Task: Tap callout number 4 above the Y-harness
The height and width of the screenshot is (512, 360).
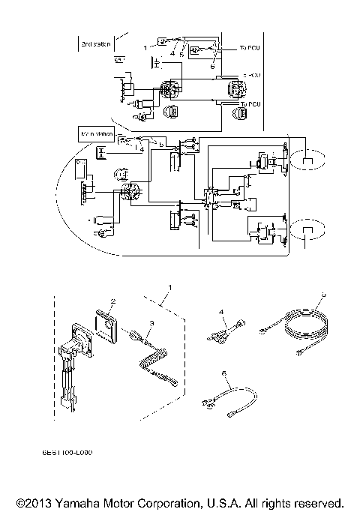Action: (x=220, y=310)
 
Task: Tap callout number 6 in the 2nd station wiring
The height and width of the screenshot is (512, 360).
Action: (x=212, y=66)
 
